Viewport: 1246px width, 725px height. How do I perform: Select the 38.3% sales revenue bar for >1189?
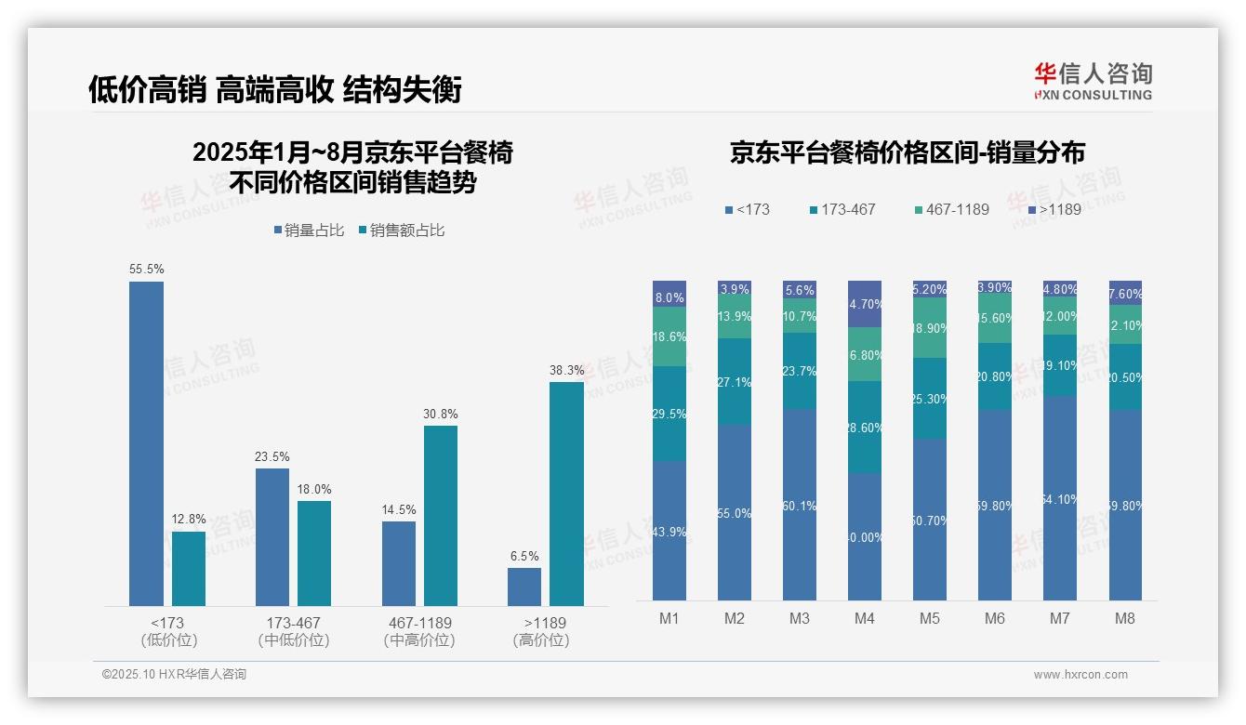(566, 494)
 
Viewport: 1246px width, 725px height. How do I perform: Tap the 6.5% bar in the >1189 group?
(524, 587)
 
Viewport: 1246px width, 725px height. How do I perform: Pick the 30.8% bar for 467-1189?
(441, 515)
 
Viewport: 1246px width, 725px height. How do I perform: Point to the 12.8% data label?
(189, 520)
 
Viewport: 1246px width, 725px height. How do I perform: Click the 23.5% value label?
(272, 456)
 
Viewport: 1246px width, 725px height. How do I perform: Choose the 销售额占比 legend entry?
(401, 231)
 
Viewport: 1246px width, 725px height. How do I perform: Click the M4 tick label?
(864, 618)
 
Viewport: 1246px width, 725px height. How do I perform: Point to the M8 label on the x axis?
(1124, 618)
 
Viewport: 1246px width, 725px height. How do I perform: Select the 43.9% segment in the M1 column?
(669, 531)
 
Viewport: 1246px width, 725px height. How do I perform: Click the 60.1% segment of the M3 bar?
(800, 505)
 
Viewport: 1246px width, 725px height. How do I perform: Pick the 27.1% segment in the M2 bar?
(735, 381)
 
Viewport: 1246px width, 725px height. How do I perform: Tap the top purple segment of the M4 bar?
(865, 303)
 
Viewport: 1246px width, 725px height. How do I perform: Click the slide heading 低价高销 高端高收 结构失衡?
(275, 89)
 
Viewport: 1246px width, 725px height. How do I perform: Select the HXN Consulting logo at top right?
(1093, 81)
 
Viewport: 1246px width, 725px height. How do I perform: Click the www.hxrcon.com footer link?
(1080, 675)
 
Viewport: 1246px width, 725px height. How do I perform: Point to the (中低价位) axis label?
(294, 640)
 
